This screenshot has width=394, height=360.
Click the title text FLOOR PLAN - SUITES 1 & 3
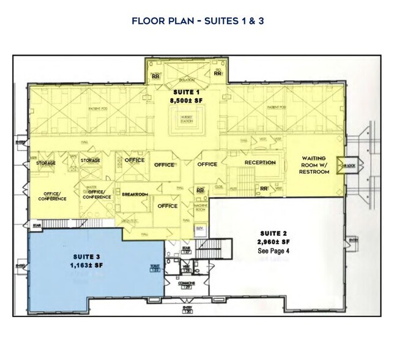(196, 21)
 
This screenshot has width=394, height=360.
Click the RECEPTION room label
(260, 163)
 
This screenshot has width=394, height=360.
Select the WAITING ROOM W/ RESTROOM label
(316, 165)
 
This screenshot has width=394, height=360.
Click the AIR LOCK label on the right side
(349, 165)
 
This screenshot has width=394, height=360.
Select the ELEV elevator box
(199, 228)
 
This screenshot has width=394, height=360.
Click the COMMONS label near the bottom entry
(187, 283)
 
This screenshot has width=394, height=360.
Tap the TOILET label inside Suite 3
(155, 268)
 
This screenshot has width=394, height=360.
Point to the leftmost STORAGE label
(46, 163)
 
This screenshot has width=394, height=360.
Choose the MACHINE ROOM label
(200, 208)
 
